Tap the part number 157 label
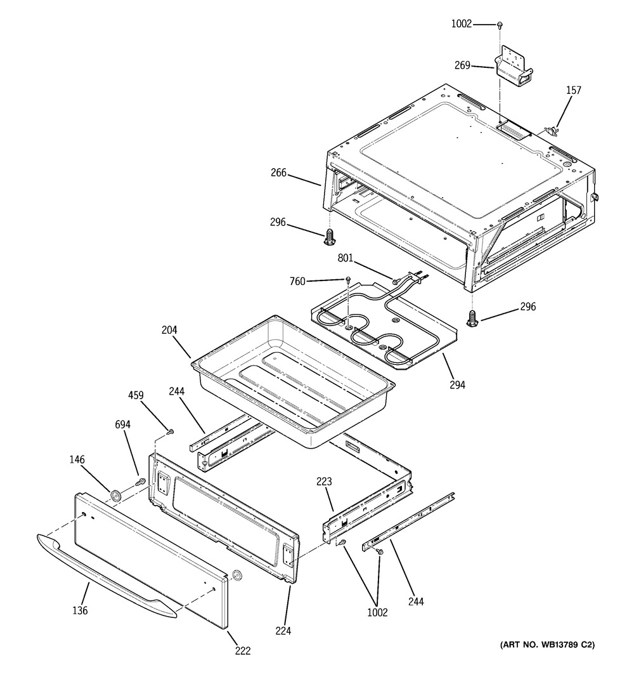point(573,91)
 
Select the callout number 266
point(278,172)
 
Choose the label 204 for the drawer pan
point(169,330)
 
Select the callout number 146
point(77,459)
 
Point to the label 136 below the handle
point(80,611)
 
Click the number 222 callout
point(242,650)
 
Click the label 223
point(324,482)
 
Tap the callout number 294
point(458,385)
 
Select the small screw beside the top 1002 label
point(500,25)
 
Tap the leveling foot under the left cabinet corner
point(329,238)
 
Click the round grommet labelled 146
point(116,495)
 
